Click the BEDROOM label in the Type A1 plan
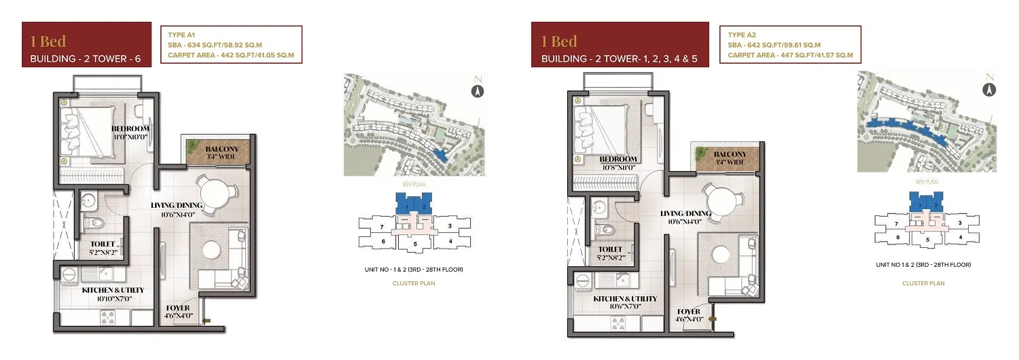click(130, 129)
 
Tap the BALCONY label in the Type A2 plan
click(730, 154)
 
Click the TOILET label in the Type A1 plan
click(103, 244)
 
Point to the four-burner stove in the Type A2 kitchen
click(618, 324)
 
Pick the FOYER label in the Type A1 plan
click(178, 308)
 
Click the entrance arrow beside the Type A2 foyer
click(712, 319)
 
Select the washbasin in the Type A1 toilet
click(89, 202)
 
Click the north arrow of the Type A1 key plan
click(478, 92)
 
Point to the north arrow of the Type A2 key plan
click(989, 90)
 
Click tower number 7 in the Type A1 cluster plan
click(382, 227)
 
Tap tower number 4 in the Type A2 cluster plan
click(961, 237)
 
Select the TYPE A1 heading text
click(181, 35)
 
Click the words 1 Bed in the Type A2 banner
click(559, 41)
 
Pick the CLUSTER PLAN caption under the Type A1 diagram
click(414, 283)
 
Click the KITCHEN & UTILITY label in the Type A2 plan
click(625, 299)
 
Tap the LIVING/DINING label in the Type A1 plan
click(177, 205)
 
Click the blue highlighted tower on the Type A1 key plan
click(440, 155)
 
